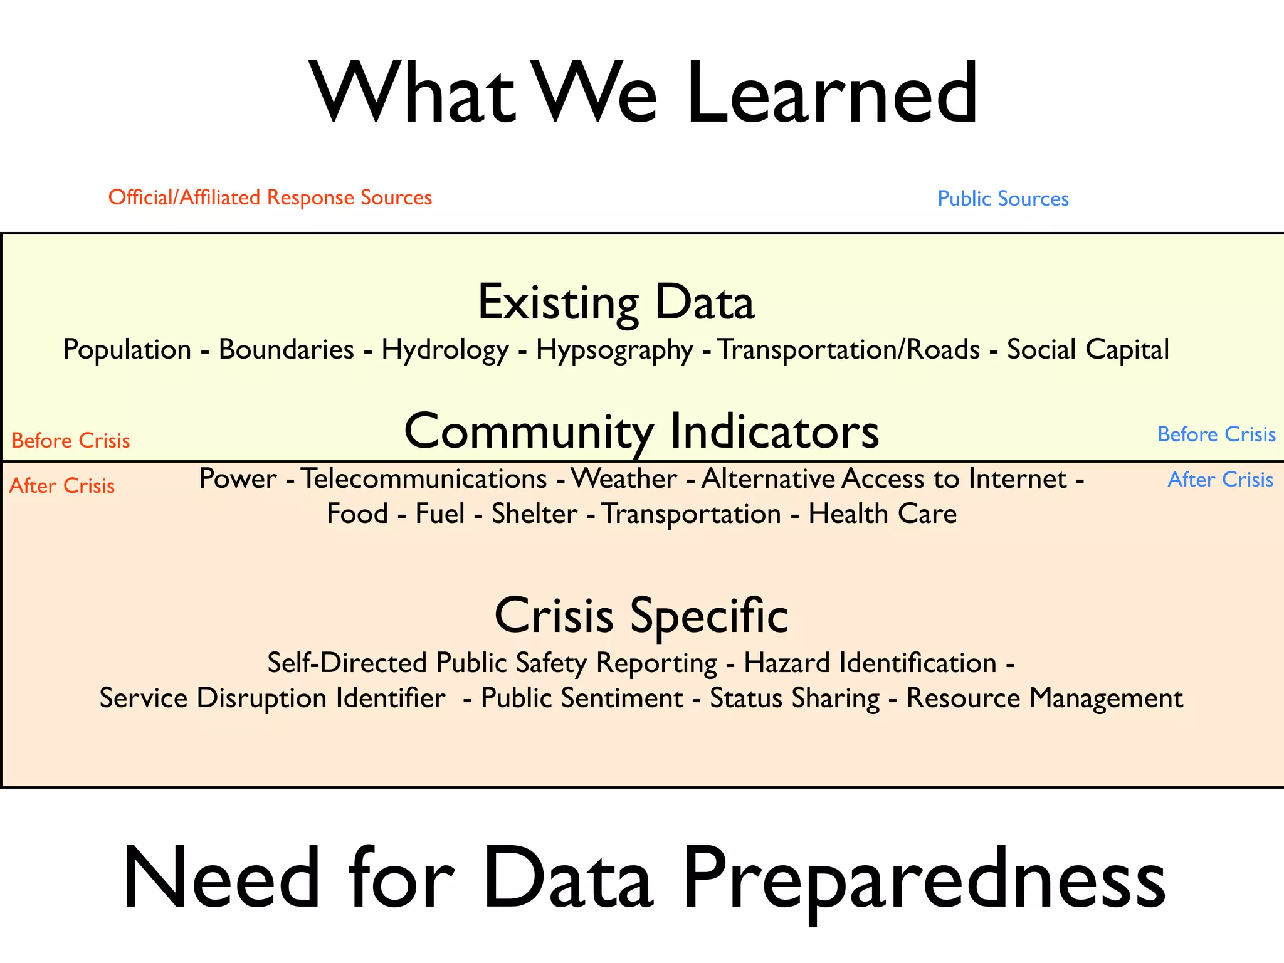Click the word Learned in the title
[831, 94]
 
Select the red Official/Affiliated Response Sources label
[270, 197]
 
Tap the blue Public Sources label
[1002, 199]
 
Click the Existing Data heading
[616, 303]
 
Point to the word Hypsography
[614, 350]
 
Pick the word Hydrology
[445, 350]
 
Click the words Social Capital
[1088, 349]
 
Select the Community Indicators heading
[641, 431]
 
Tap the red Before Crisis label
[71, 441]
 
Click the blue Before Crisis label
[1216, 434]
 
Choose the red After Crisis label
[62, 486]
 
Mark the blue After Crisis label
[1220, 480]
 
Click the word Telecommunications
[424, 479]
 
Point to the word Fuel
[439, 514]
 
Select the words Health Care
[882, 514]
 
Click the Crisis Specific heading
[641, 616]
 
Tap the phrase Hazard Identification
[870, 663]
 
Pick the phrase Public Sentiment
[582, 698]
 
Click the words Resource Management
[1045, 698]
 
